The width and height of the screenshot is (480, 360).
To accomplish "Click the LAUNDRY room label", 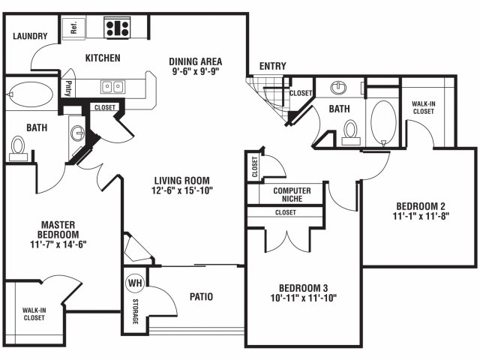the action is click(x=30, y=36).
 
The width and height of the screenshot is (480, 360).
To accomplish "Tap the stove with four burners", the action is click(x=117, y=28).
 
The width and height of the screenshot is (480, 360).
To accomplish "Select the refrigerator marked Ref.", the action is click(x=73, y=28).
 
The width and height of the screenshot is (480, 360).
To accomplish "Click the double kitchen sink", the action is click(x=112, y=87).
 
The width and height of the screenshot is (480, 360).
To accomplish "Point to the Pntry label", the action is click(x=68, y=88).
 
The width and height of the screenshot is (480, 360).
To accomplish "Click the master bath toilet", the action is click(x=18, y=148).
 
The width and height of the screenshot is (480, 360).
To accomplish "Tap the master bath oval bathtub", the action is click(x=30, y=94).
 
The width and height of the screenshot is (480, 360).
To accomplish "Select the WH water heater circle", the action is click(x=135, y=283).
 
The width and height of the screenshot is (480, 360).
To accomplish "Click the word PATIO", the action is click(x=201, y=297).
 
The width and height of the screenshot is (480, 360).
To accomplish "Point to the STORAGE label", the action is click(x=135, y=311).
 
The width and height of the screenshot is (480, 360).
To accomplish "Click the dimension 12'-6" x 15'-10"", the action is click(x=181, y=190).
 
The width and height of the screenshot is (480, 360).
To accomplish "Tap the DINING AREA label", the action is click(x=196, y=61).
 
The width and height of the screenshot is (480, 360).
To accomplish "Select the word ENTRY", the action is click(x=272, y=66).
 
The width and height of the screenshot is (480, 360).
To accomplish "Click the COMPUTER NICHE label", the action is click(x=292, y=195).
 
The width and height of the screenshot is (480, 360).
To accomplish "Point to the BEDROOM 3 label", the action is click(x=303, y=288).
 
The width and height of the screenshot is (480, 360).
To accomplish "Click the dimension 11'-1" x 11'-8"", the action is click(x=421, y=216).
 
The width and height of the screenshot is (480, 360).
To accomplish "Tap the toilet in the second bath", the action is click(x=351, y=132).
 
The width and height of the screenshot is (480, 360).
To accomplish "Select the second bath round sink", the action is click(x=338, y=88).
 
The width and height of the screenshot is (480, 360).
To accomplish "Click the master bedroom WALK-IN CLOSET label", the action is click(x=34, y=314).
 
